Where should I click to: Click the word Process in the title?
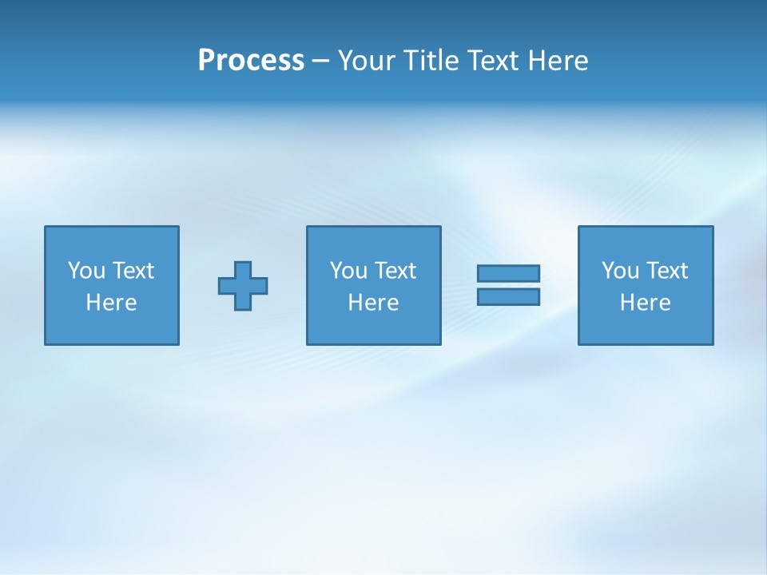pos(251,61)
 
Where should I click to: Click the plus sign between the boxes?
pos(243,286)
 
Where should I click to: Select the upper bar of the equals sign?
pos(508,273)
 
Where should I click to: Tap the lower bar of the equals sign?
pos(508,296)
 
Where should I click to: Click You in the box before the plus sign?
pos(86,271)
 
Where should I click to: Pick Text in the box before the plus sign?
pos(132,271)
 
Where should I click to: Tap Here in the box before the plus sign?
pos(112,303)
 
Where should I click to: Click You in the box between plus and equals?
pos(348,271)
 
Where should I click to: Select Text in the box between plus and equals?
pos(394,271)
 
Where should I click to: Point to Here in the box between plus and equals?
pos(374,303)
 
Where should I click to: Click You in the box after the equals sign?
pos(620,271)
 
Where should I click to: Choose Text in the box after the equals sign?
pos(666,271)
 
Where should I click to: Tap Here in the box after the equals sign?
pos(646,303)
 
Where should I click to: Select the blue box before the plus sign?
pos(112,327)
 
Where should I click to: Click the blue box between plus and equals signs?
pos(374,327)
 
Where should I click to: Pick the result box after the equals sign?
pos(646,327)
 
